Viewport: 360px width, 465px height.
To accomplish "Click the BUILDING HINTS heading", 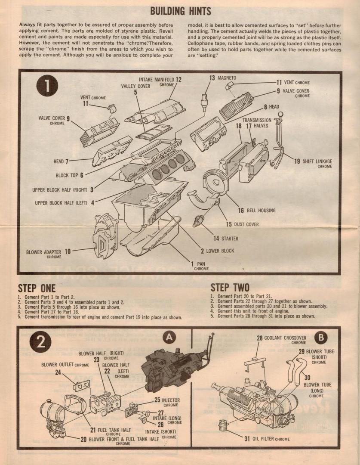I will pyautogui.click(x=180, y=10).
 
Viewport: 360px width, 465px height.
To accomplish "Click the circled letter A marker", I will pyautogui.click(x=170, y=337).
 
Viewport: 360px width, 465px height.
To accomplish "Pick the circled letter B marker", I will pyautogui.click(x=321, y=337).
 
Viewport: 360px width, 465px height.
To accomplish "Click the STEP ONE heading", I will pyautogui.click(x=37, y=288).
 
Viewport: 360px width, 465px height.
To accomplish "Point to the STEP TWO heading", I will pyautogui.click(x=230, y=288).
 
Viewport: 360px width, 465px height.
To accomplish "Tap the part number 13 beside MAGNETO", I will pyautogui.click(x=212, y=78).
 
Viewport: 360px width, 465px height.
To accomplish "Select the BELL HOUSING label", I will pyautogui.click(x=261, y=211).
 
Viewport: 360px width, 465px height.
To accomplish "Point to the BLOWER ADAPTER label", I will pyautogui.click(x=43, y=252).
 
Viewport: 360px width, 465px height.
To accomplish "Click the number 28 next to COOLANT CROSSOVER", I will pyautogui.click(x=260, y=338).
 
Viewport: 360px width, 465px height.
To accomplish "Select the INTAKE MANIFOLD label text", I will pyautogui.click(x=156, y=80).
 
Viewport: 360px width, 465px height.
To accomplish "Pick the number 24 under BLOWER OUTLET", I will pyautogui.click(x=58, y=372).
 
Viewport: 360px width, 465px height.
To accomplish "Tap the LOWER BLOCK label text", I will pyautogui.click(x=220, y=251).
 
